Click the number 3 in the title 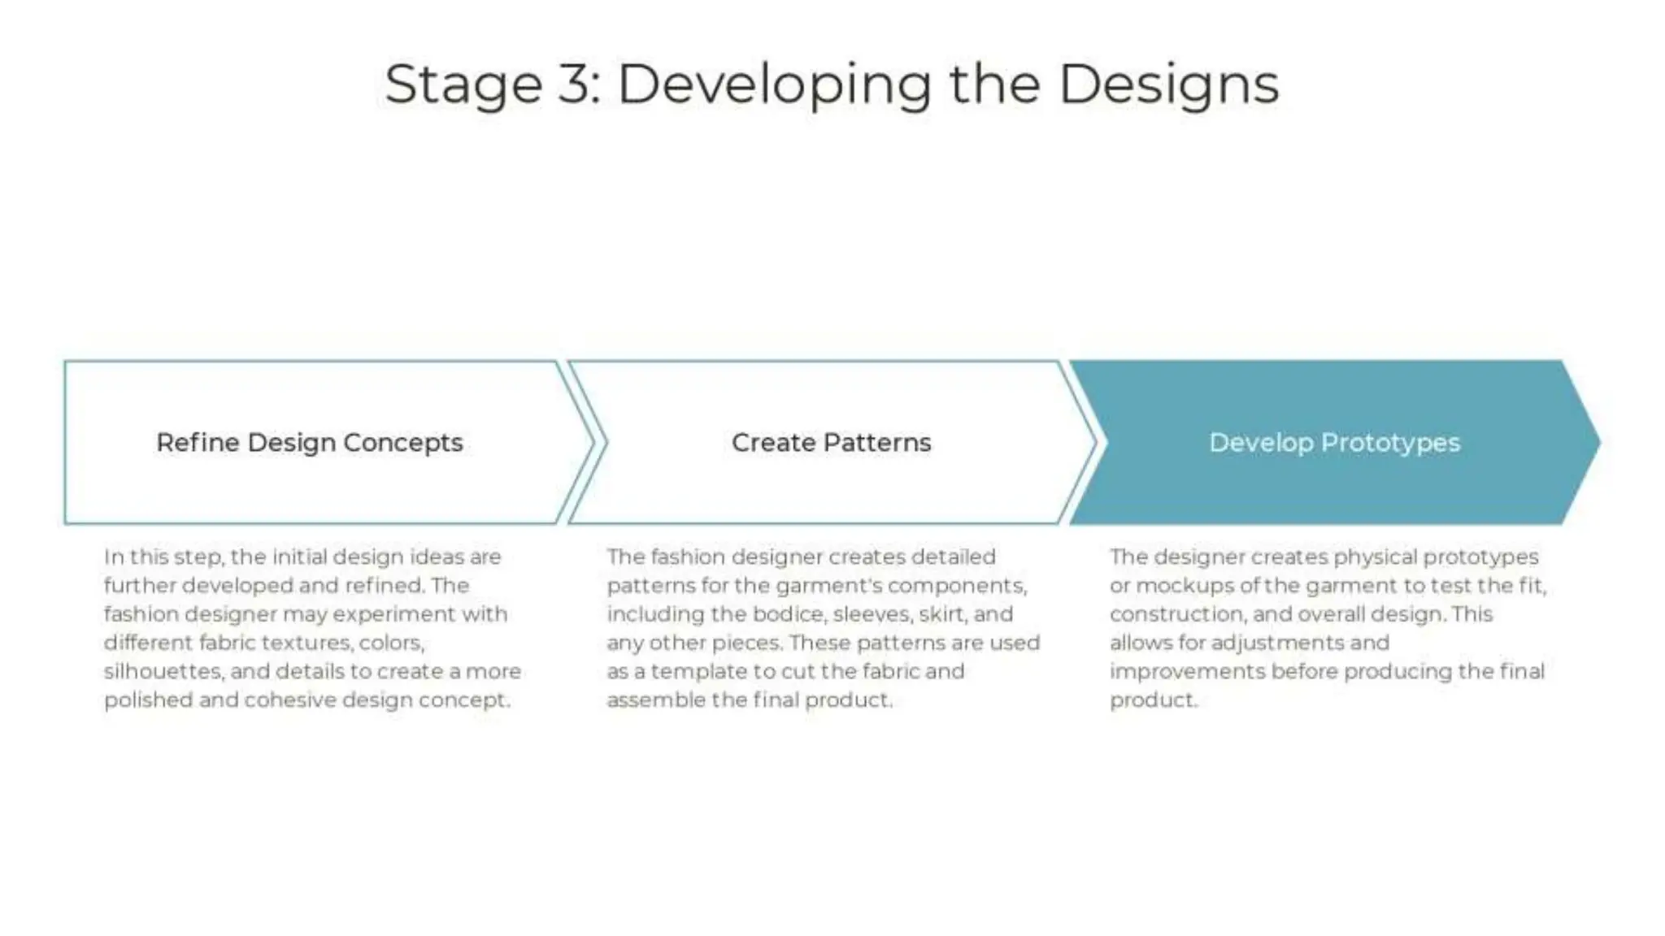coord(576,84)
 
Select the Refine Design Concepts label coord(309,443)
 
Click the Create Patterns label coord(831,443)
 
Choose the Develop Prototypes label coord(1334,443)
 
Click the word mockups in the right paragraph coord(1185,586)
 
